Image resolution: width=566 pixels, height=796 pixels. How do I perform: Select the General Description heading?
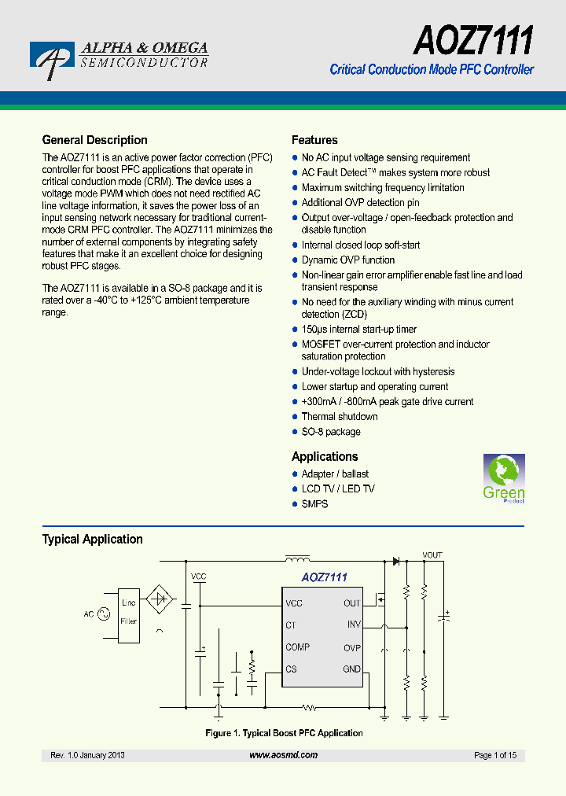tap(94, 140)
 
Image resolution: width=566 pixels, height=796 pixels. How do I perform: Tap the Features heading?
tap(314, 140)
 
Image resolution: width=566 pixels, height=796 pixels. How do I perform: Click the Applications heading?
tap(325, 457)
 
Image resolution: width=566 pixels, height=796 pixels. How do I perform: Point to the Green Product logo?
tap(503, 478)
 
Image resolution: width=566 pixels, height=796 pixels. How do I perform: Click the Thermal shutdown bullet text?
tap(340, 417)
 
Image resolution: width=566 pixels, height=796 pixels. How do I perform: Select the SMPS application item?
tap(314, 504)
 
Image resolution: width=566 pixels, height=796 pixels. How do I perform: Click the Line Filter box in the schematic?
tap(128, 612)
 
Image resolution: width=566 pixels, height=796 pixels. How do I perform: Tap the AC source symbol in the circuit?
tap(102, 614)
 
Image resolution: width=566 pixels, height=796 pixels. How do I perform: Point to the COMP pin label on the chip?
tap(297, 647)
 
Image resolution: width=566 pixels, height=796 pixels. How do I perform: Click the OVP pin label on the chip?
tap(351, 648)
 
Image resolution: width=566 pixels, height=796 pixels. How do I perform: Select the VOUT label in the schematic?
tap(432, 555)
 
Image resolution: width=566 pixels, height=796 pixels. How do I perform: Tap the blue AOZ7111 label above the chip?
tap(324, 577)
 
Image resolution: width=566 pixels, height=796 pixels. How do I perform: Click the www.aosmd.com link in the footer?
tap(283, 755)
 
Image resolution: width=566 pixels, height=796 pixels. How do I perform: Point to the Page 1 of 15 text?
tap(495, 755)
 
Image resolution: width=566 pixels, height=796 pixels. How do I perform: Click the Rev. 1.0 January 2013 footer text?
tap(87, 755)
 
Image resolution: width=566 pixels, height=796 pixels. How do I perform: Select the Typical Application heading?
tap(92, 540)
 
